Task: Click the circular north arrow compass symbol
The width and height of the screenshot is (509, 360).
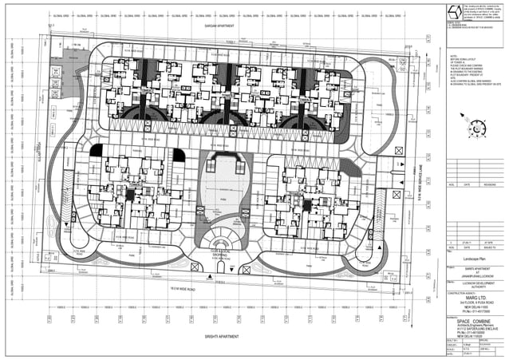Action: (476, 127)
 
